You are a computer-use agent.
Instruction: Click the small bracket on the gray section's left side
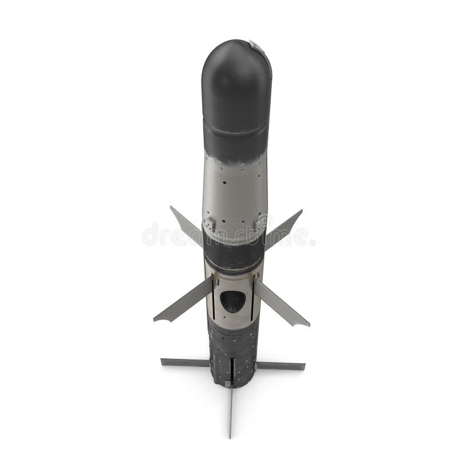209,224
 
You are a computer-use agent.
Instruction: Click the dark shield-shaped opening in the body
232,301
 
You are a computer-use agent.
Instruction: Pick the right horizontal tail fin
280,365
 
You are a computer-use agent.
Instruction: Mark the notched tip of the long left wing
158,318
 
